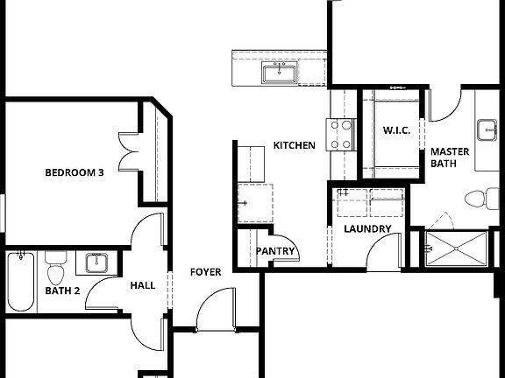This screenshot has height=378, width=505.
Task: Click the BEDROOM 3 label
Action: [75, 173]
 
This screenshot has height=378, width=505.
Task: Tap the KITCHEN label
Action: [294, 145]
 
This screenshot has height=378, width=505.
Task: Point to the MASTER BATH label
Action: [449, 157]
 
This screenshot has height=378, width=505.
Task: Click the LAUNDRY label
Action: [366, 229]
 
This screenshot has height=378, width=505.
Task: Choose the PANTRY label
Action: [274, 252]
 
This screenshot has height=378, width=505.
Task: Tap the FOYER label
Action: [206, 272]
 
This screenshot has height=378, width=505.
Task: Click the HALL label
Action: [143, 285]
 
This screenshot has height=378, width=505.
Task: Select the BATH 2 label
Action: [63, 290]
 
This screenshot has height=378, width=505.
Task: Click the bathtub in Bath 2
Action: [19, 282]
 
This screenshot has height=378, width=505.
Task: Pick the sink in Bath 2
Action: [96, 261]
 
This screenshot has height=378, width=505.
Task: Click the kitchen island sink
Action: [280, 73]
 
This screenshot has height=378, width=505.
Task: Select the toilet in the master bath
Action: [476, 198]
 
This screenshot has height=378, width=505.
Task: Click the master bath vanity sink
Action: [487, 130]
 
